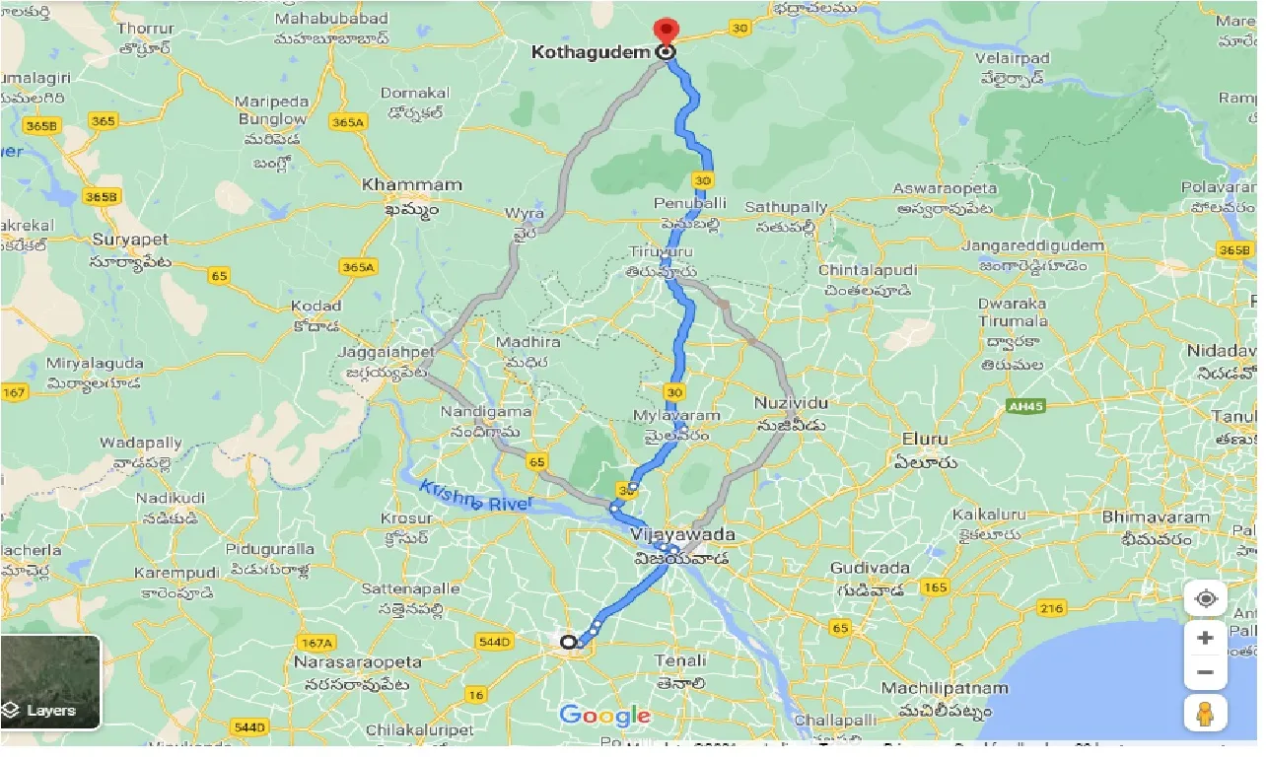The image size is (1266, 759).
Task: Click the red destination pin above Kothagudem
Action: [668, 32]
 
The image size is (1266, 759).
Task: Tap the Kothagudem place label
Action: [591, 52]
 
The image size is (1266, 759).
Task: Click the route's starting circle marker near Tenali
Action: [568, 642]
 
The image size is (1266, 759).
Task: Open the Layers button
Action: [50, 682]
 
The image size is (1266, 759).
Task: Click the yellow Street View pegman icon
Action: [1205, 713]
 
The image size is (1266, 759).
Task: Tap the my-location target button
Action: [1205, 598]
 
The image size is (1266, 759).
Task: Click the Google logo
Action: [604, 716]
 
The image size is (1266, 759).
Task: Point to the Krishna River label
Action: [475, 496]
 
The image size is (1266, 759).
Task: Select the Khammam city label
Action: [398, 184]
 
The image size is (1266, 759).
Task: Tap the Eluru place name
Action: [924, 439]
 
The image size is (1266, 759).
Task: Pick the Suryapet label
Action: [130, 240]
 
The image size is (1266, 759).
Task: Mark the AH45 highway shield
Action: [1025, 405]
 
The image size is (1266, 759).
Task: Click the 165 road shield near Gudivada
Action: [935, 587]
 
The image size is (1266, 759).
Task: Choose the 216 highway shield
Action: [1051, 608]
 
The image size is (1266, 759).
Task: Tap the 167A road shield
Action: [316, 642]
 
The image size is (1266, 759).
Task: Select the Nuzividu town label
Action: [791, 403]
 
